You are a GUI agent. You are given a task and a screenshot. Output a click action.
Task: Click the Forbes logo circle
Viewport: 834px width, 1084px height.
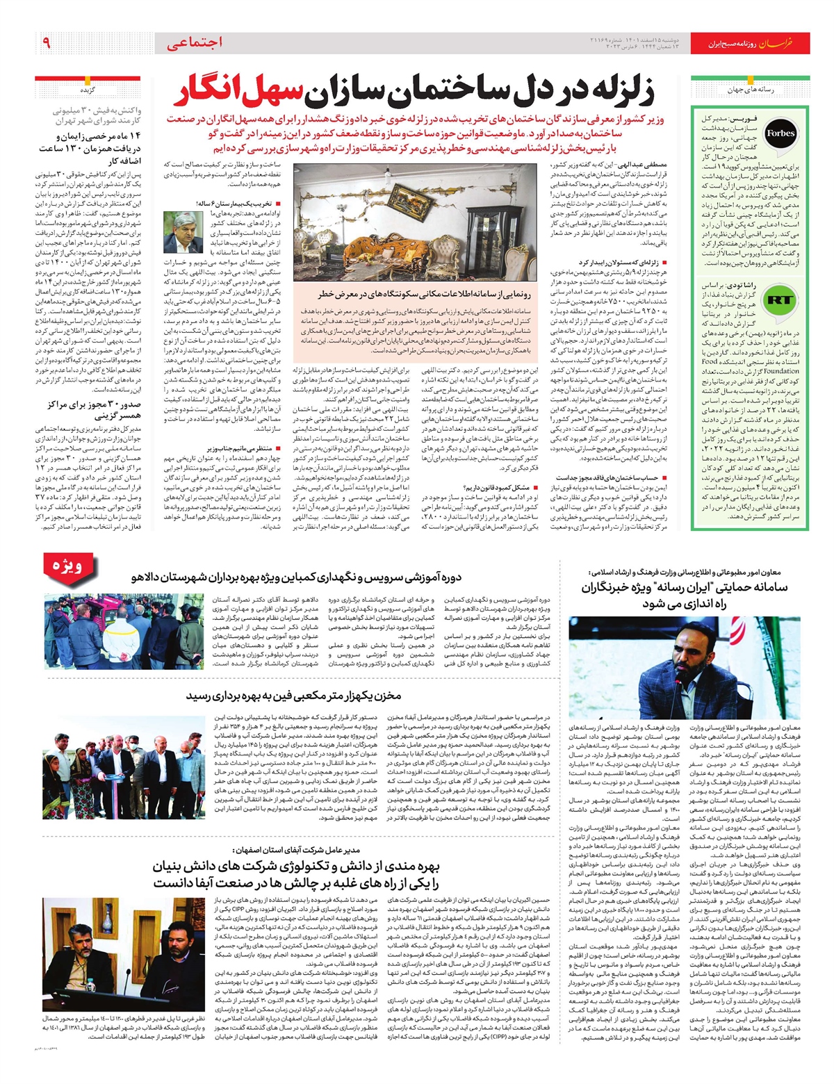coord(780,133)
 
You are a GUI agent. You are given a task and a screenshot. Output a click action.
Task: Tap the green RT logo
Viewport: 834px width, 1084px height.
coord(778,300)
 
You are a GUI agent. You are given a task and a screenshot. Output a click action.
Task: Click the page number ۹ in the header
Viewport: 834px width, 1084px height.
coord(47,43)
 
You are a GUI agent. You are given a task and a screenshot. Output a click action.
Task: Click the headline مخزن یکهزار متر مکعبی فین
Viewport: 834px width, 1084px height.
coord(303,696)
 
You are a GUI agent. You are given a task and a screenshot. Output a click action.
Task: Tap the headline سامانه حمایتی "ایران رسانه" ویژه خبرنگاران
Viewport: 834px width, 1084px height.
coord(685,596)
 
